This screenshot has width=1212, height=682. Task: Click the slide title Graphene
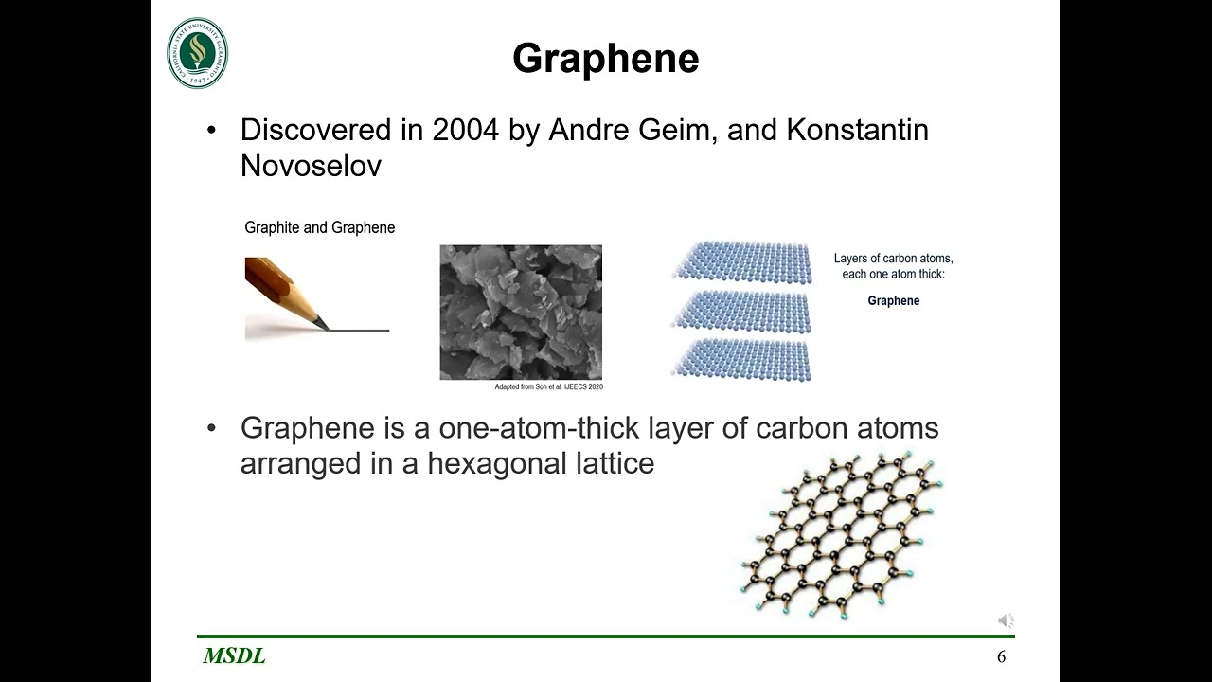(605, 59)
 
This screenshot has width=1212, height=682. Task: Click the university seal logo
(198, 53)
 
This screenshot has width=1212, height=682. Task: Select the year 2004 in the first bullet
(465, 130)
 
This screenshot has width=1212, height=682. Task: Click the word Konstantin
(857, 130)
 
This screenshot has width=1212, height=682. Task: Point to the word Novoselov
(311, 166)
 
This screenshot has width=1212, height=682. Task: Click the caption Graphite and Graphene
(319, 227)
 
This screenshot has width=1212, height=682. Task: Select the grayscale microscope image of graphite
(521, 312)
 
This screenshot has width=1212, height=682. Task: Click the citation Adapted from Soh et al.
(548, 387)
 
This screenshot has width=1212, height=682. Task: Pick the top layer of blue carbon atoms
(743, 261)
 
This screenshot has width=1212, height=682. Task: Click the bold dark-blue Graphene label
(893, 301)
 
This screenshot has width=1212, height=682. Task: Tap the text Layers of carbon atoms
(893, 258)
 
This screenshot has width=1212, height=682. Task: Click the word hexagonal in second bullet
(496, 464)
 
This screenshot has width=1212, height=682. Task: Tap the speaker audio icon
(1006, 620)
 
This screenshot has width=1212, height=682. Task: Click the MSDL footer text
(234, 656)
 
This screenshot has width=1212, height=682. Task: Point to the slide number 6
(1001, 657)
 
